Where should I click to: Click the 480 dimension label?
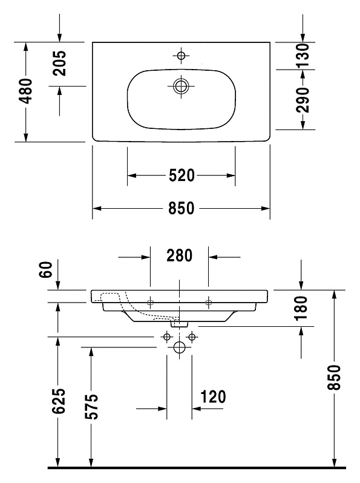[x=25, y=91]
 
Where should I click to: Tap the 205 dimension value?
[x=59, y=63]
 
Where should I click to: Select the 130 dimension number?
[x=302, y=56]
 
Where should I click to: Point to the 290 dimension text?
[x=302, y=100]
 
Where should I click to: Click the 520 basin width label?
[x=182, y=176]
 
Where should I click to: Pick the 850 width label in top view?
[x=182, y=208]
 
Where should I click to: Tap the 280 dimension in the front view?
[x=179, y=255]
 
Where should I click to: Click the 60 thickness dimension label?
[x=46, y=269]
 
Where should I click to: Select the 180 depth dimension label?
[x=301, y=308]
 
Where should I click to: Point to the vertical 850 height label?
[x=334, y=378]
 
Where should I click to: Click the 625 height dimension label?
[x=59, y=401]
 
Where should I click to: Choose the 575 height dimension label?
[x=91, y=406]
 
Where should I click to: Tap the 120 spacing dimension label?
[x=213, y=397]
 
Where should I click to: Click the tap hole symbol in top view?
[x=181, y=56]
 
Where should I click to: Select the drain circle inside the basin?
[x=181, y=86]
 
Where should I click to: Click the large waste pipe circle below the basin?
[x=179, y=347]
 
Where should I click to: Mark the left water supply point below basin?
[x=167, y=337]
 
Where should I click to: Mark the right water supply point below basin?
[x=192, y=337]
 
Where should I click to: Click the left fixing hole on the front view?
[x=150, y=302]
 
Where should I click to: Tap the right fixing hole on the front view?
[x=209, y=302]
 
